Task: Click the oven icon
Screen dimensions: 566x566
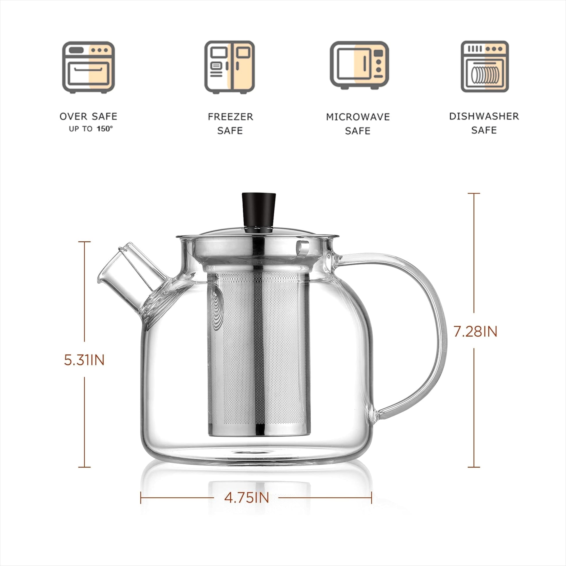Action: tap(88, 67)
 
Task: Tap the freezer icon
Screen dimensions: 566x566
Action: tap(229, 67)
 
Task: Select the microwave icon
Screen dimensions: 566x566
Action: tap(359, 66)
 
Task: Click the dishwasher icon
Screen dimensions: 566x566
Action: tap(485, 67)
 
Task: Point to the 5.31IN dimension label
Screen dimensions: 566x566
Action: tap(84, 360)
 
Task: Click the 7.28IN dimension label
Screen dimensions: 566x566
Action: tap(475, 332)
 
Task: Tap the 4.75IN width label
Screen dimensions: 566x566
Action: tap(247, 498)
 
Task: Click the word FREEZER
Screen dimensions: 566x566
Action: tap(231, 117)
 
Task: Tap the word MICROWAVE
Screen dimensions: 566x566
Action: tap(358, 117)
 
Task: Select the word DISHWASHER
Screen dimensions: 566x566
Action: tap(484, 116)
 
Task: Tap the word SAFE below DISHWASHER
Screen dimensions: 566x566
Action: tap(484, 130)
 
